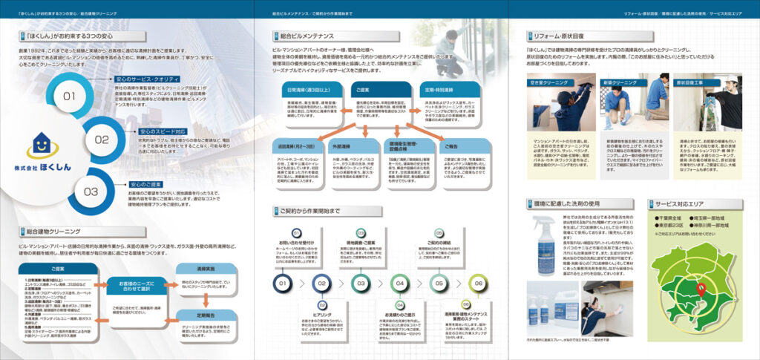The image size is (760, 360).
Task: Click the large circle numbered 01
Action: point(68,96)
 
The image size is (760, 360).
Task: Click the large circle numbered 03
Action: point(90,191)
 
